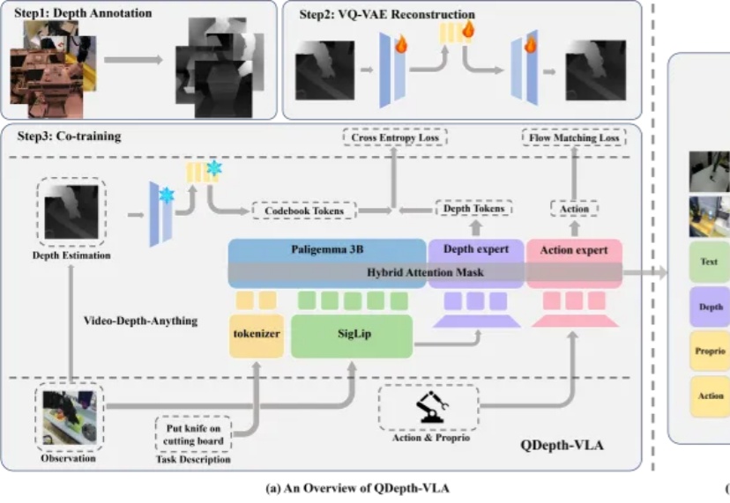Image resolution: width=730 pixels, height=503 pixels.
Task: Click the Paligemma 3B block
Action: tap(327, 250)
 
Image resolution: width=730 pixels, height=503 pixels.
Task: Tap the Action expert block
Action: tap(573, 250)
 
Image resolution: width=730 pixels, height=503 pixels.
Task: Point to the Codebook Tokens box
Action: tap(304, 211)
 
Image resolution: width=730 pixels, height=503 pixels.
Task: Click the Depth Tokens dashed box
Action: tap(474, 209)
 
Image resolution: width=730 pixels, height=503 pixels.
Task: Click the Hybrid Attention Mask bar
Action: tap(425, 273)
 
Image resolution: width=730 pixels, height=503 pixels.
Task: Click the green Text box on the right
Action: tap(709, 262)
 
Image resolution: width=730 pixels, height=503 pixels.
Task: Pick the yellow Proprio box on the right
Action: tap(709, 351)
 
